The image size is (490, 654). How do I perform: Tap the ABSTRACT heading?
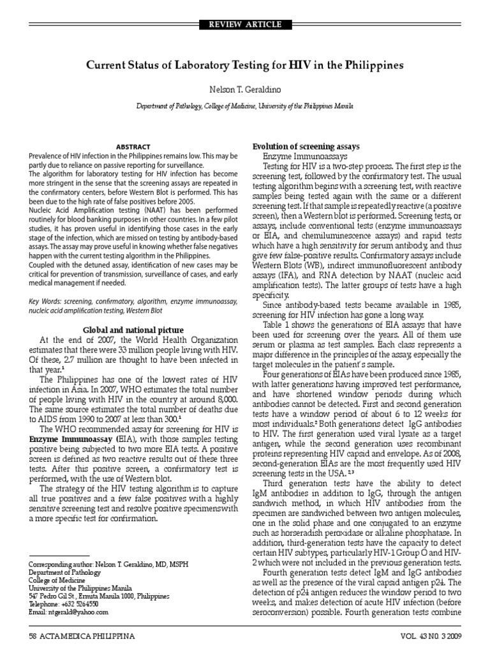tap(134, 146)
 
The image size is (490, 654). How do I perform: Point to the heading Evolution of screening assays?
tap(307, 146)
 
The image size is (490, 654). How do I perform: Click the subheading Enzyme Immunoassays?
tap(305, 156)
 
